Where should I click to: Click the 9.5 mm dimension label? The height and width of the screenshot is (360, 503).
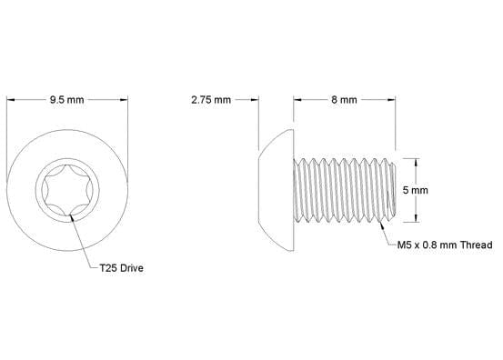66,101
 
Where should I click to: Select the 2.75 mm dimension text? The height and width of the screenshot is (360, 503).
211,101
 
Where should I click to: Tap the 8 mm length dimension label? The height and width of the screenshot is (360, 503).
343,101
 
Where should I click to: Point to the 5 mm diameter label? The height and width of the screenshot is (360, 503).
415,190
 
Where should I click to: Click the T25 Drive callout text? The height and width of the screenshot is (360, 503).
122,269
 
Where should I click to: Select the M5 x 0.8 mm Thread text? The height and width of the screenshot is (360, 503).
445,245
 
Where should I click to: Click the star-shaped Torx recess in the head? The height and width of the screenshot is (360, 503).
66,191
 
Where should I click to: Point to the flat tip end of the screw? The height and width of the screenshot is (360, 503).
395,189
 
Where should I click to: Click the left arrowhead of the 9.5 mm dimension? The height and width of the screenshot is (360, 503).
11,101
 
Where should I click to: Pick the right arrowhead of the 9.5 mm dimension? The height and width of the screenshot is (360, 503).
122,101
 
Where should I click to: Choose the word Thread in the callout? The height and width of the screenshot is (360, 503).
475,245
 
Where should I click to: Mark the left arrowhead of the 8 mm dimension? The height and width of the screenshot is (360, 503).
296,101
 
